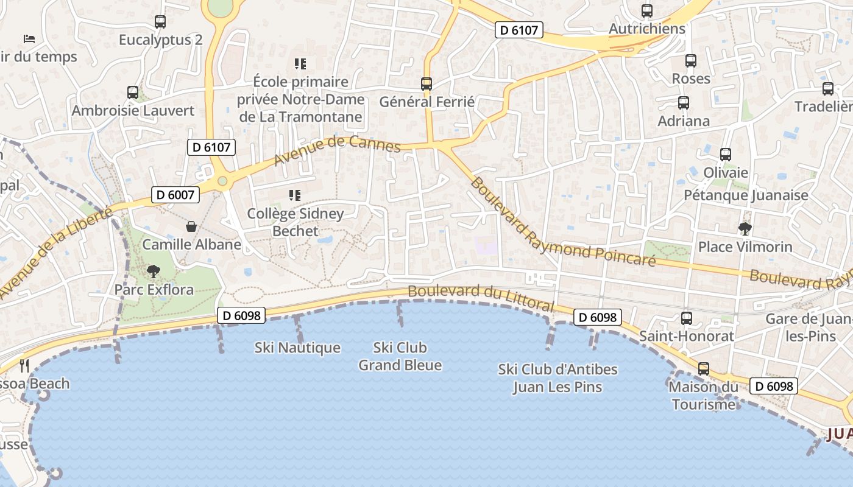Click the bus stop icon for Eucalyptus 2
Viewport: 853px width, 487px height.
click(x=160, y=22)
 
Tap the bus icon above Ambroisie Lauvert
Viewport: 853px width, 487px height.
click(x=133, y=93)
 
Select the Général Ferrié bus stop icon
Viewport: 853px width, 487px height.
click(x=426, y=84)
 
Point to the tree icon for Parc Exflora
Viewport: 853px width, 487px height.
click(x=154, y=271)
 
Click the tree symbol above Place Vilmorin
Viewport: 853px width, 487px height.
click(x=745, y=229)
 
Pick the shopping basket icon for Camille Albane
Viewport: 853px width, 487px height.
click(x=191, y=226)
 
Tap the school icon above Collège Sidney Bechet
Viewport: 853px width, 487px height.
click(x=296, y=195)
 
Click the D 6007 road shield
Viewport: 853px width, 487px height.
click(x=175, y=195)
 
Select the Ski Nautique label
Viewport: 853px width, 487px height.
click(x=297, y=348)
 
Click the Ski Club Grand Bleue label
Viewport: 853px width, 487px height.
click(x=400, y=357)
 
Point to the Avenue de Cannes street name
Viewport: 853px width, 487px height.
click(x=337, y=150)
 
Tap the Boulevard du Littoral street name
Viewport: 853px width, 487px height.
click(x=481, y=297)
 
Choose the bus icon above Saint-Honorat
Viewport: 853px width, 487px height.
click(x=687, y=318)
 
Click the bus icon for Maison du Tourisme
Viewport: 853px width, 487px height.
click(x=704, y=369)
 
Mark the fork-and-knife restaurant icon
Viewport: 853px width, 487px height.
click(x=24, y=365)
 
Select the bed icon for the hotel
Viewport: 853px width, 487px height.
click(x=29, y=39)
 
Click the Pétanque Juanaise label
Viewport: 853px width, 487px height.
click(x=746, y=195)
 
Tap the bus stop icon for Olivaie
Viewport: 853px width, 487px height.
click(x=726, y=155)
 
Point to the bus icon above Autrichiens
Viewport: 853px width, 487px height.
click(x=647, y=11)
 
